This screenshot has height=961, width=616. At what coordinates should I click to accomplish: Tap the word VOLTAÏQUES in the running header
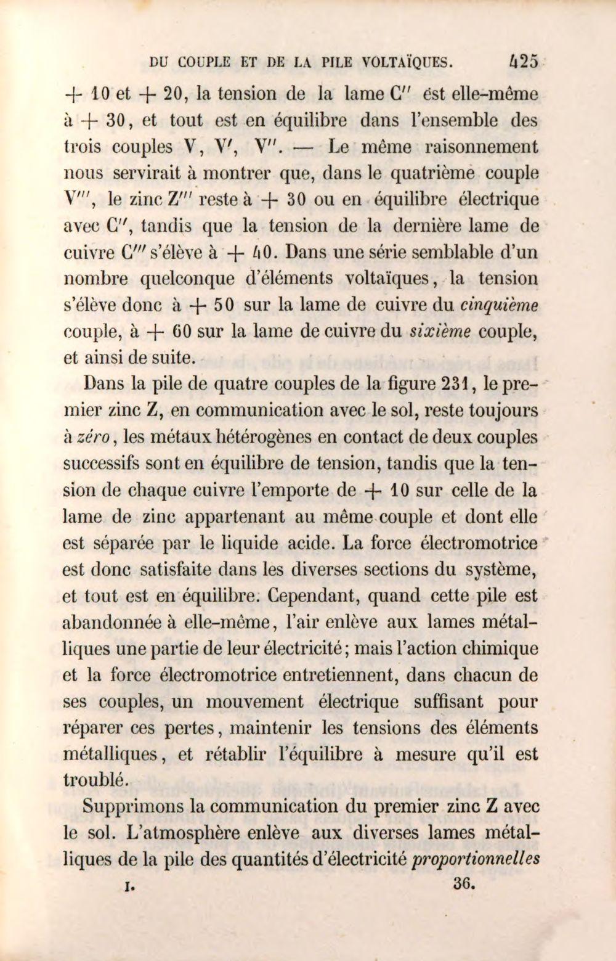(x=407, y=62)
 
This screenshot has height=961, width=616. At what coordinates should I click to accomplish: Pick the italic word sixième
(x=440, y=331)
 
